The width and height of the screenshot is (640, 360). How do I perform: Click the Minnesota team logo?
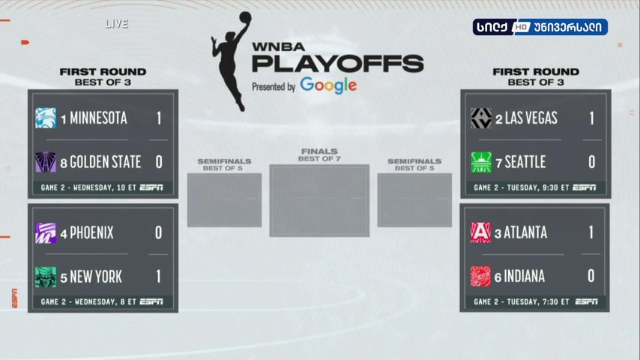coord(46,118)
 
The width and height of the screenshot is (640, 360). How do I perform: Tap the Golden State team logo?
coord(46,162)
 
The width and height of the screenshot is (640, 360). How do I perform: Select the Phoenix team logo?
coord(46,233)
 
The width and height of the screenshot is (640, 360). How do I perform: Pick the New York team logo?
coord(46,277)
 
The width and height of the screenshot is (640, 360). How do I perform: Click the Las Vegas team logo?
coord(481,118)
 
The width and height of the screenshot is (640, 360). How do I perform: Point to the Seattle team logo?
coord(481,162)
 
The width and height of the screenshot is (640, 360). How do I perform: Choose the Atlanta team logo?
coord(480,232)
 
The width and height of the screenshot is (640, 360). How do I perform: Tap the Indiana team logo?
coord(480,276)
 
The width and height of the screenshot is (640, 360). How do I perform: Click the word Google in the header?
coord(328,85)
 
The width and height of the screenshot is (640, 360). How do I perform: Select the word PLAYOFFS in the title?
coord(338,64)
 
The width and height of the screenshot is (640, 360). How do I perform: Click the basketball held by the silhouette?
coord(245,17)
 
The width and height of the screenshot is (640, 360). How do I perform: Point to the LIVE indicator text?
coord(117,24)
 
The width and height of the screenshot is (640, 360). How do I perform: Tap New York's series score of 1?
coord(158,277)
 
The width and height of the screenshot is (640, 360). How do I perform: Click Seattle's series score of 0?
coord(592,162)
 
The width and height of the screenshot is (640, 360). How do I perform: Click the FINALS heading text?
coord(319,151)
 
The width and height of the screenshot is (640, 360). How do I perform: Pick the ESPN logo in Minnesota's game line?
coord(151,187)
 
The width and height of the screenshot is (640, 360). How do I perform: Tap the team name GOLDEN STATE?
coord(106,162)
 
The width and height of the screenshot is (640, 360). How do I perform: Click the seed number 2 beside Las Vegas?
coord(499,119)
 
